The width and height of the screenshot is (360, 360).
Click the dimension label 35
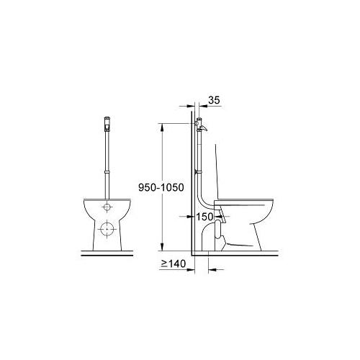(x=214, y=100)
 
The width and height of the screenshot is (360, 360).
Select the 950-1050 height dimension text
(x=161, y=187)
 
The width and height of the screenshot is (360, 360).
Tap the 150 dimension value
(x=204, y=217)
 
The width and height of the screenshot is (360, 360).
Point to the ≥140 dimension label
(x=174, y=264)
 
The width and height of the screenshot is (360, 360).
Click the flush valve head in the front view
(x=107, y=124)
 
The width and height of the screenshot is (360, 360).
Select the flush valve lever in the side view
(x=203, y=129)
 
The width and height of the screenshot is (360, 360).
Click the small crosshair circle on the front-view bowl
(x=107, y=207)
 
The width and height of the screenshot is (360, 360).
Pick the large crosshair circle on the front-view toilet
(x=107, y=229)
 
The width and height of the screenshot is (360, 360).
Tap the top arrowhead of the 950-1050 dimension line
(x=162, y=127)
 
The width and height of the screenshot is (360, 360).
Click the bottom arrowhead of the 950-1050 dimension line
(x=162, y=247)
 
